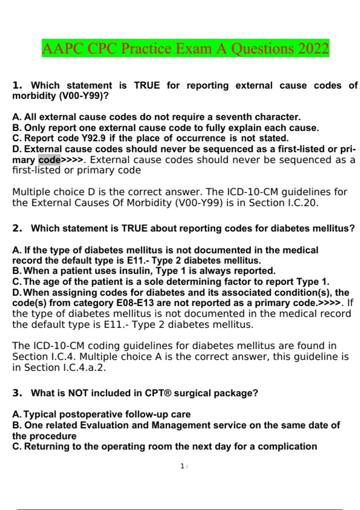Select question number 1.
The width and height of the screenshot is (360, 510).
coord(17,85)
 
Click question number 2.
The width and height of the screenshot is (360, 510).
coord(17,228)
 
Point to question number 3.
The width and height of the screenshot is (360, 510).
coord(17,393)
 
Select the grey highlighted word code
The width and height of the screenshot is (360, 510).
coord(49,160)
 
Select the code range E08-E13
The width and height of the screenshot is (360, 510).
coord(135,303)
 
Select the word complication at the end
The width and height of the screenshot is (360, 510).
coord(287,446)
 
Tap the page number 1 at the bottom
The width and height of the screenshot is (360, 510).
coord(182,466)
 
